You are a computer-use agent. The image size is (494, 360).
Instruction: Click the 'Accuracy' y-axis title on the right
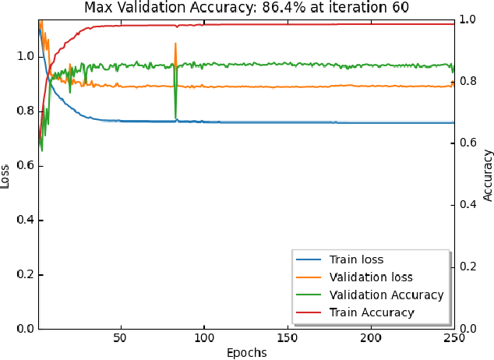click(488, 174)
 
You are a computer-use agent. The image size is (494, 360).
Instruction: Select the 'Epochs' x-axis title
click(246, 352)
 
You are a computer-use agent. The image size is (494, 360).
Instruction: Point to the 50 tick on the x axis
click(120, 338)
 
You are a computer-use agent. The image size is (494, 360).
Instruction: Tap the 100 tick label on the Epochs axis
click(203, 338)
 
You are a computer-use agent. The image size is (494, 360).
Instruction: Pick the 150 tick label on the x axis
click(287, 338)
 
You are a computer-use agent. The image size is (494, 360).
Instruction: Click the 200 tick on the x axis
click(371, 338)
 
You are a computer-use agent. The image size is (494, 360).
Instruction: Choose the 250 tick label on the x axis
click(454, 338)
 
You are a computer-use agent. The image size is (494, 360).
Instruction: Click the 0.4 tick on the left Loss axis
click(25, 220)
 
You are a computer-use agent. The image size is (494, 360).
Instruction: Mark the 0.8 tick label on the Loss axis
click(25, 111)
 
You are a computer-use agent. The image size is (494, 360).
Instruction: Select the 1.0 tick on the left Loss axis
click(25, 56)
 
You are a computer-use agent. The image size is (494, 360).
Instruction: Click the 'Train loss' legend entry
click(356, 259)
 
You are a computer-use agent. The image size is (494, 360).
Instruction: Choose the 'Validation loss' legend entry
click(370, 277)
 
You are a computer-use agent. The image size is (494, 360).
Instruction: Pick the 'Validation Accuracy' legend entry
click(386, 295)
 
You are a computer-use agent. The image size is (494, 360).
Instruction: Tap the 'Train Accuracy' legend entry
click(372, 312)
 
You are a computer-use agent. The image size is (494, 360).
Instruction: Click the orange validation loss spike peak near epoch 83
click(175, 44)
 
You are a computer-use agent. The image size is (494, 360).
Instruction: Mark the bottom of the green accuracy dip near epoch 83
click(176, 118)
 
